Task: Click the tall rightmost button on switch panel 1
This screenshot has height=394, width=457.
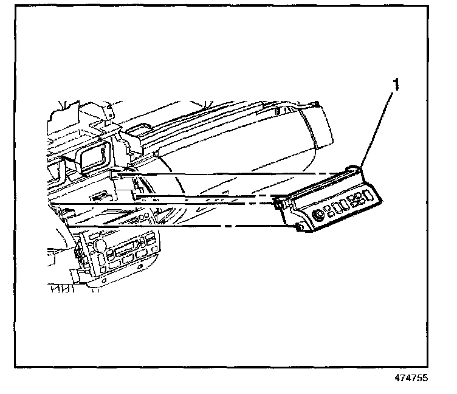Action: point(369,195)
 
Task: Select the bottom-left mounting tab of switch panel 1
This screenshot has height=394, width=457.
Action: point(300,227)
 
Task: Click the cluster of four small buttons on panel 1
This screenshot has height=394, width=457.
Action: point(357,198)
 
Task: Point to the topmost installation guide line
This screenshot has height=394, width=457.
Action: point(231,175)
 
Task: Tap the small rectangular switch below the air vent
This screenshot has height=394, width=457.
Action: point(98,196)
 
